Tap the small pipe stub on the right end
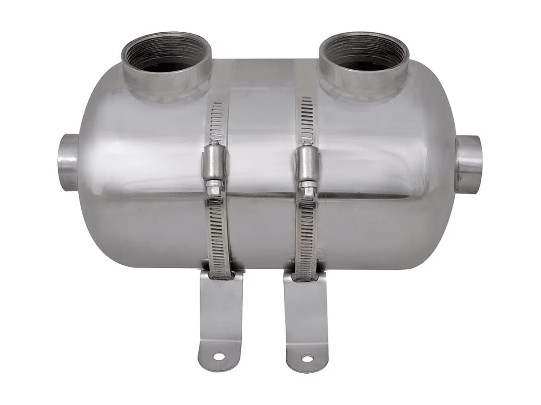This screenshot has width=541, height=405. click(469, 164)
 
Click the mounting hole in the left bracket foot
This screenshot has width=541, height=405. click(219, 356)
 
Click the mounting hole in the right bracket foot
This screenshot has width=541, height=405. click(307, 358)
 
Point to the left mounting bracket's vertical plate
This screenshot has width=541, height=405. click(221, 308)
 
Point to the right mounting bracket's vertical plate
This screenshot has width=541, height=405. click(306, 308)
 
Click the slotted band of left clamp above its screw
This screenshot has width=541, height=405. click(217, 121)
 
